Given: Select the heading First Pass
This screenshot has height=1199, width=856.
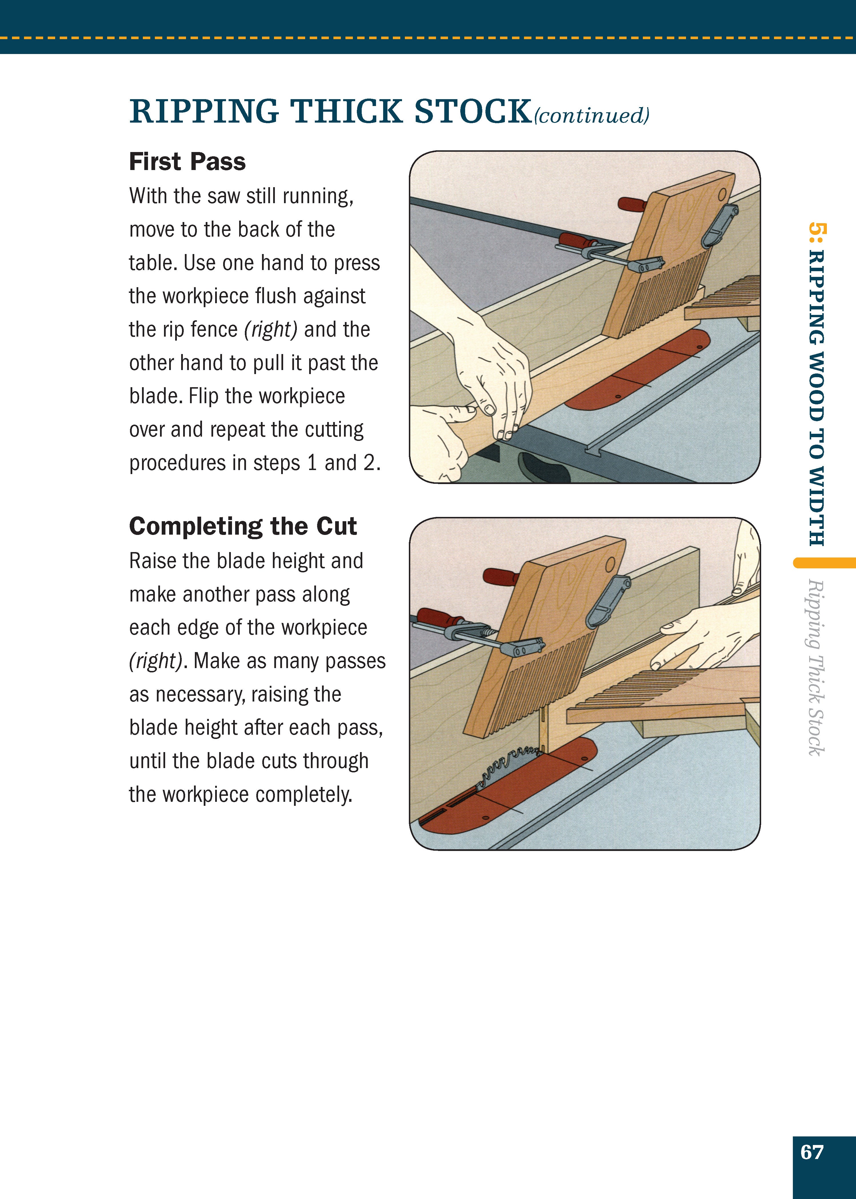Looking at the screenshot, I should [x=187, y=161].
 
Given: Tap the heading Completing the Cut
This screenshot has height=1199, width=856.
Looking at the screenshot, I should [x=243, y=526].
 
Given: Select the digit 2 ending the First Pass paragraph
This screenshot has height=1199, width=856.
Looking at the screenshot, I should [x=369, y=463].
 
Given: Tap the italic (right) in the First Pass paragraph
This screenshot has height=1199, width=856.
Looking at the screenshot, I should [x=270, y=329].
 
